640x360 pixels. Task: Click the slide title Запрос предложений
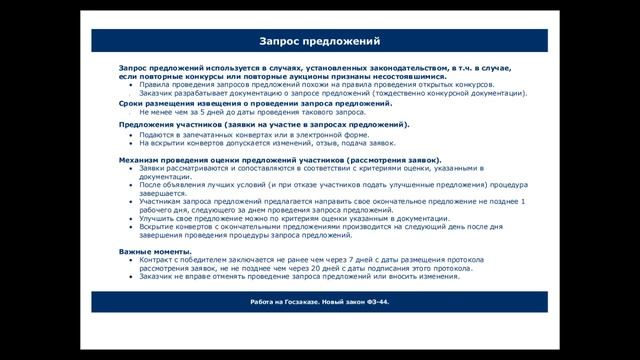tap(320, 42)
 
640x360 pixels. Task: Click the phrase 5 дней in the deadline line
tap(201, 113)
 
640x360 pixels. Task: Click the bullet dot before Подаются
tap(130, 134)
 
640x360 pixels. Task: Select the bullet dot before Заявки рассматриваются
tap(130, 169)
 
